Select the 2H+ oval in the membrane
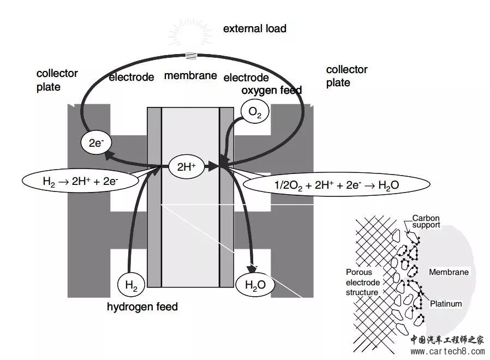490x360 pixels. (187, 167)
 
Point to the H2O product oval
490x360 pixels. (255, 284)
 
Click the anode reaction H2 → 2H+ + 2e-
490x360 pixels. (80, 181)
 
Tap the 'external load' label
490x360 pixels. (254, 28)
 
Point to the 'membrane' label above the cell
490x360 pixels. (190, 76)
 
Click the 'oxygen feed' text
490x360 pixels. (272, 90)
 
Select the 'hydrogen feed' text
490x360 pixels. (142, 307)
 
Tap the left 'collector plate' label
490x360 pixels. (57, 80)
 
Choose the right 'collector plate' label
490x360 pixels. (346, 76)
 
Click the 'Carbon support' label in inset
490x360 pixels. (426, 221)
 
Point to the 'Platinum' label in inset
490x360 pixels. (446, 304)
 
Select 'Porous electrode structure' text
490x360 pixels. (362, 281)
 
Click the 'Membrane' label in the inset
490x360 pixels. (449, 272)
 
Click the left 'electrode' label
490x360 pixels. (132, 77)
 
